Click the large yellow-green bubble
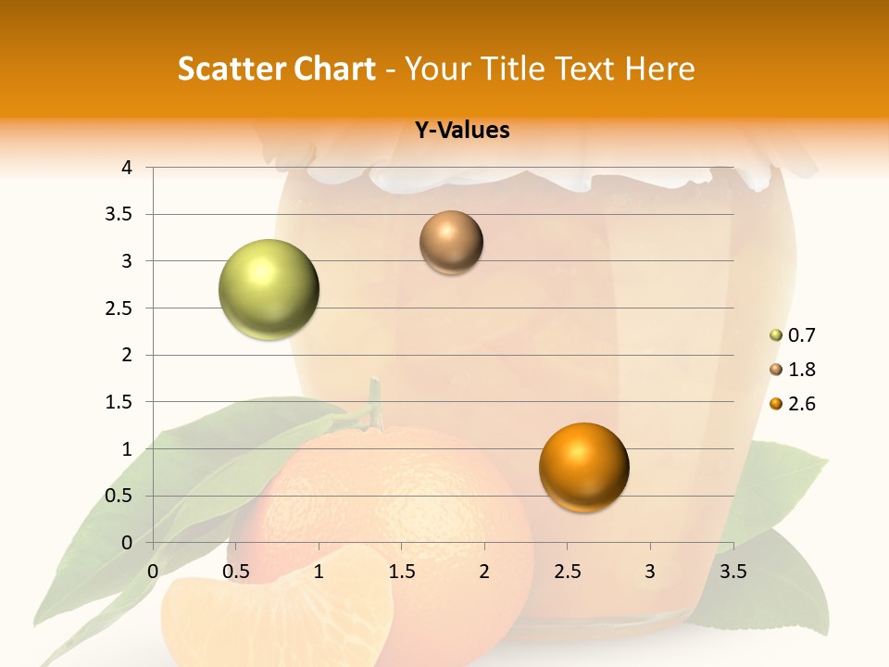(x=269, y=289)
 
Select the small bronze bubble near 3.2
(x=451, y=243)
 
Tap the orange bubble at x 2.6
(x=583, y=467)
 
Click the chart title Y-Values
(x=462, y=131)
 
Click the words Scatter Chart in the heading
(x=276, y=69)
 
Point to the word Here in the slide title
(x=659, y=69)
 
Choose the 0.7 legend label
(x=801, y=335)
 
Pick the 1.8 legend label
(x=801, y=370)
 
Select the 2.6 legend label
(x=801, y=404)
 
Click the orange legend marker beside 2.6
(x=776, y=404)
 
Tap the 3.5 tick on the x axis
(x=733, y=572)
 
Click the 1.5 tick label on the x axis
(x=401, y=572)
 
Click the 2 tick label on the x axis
(x=484, y=572)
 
